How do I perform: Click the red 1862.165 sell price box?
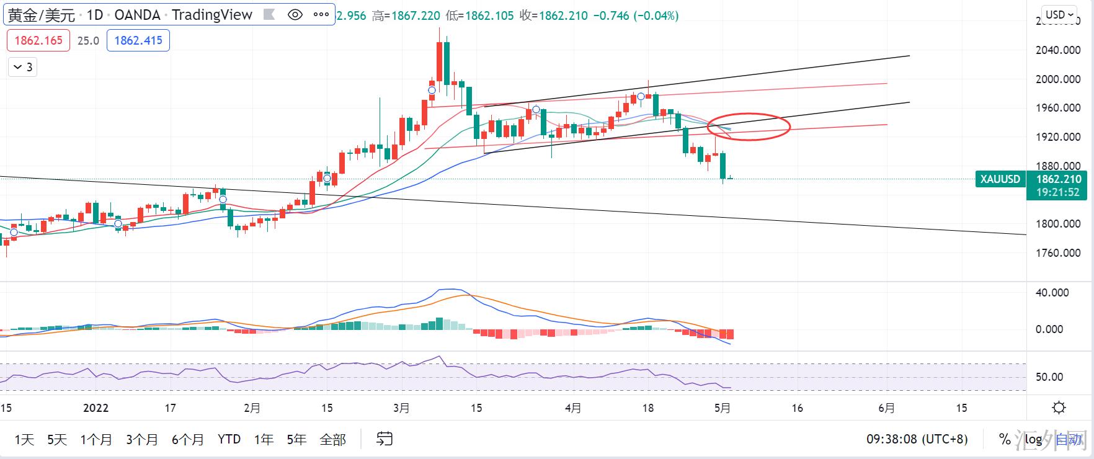38,41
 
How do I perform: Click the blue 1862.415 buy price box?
138,41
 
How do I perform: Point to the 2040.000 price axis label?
1058,50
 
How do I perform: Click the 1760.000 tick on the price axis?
1058,253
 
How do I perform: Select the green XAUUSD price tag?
1000,179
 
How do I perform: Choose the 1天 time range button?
24,440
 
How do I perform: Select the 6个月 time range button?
188,440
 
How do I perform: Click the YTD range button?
229,440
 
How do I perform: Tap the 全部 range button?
332,440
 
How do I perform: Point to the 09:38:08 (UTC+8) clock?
917,440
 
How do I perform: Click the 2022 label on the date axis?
96,408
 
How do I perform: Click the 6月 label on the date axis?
887,408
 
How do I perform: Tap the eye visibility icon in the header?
295,15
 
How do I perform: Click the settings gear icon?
1059,408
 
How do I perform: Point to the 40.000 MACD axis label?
1052,293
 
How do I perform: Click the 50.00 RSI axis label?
1049,377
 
